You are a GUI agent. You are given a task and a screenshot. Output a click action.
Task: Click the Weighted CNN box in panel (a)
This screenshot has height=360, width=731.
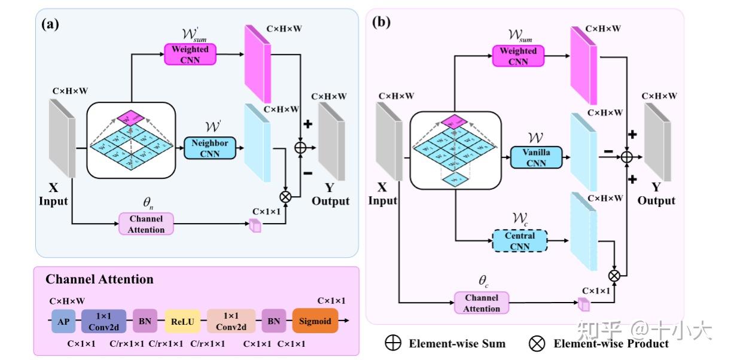point(190,54)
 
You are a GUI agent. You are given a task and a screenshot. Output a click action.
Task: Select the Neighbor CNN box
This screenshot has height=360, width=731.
point(210,149)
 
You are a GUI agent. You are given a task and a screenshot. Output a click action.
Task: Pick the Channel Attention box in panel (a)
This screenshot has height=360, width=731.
point(147,224)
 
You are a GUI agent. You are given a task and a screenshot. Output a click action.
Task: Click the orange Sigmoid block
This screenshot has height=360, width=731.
point(315,321)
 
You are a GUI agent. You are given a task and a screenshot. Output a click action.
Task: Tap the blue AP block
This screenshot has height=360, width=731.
point(63,321)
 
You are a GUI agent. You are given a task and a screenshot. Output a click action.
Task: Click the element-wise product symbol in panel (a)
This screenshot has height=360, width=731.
point(285,196)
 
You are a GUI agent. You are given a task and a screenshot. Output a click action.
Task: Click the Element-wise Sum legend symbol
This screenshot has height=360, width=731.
point(394,343)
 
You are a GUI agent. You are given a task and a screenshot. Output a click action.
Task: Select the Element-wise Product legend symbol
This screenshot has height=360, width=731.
point(537,343)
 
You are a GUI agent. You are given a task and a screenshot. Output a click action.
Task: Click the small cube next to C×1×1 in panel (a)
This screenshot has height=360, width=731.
point(255,225)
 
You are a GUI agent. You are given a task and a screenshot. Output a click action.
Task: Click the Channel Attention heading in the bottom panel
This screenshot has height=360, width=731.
point(99,279)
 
